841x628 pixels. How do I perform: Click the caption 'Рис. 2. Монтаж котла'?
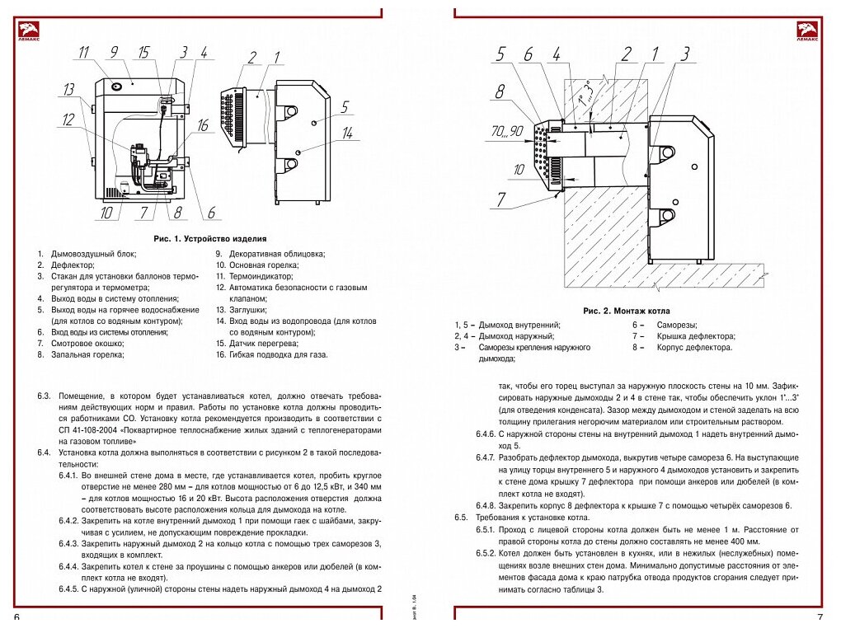626,312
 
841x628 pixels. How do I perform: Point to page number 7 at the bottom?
820,617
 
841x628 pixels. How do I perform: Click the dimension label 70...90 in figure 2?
506,131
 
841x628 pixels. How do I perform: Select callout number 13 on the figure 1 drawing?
68,89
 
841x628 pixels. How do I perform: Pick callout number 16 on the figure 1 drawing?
203,126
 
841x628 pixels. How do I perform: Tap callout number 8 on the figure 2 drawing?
499,91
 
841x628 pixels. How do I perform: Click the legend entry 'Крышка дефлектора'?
695,336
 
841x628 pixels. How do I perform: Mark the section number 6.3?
44,396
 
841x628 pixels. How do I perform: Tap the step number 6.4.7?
486,457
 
